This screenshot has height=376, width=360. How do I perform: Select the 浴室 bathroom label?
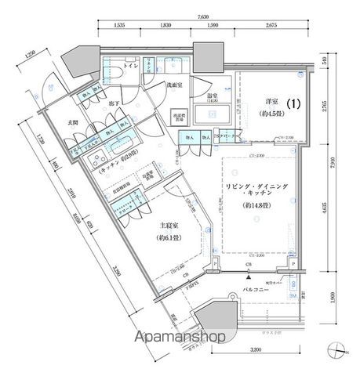212,96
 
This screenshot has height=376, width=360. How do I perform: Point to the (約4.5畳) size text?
265,119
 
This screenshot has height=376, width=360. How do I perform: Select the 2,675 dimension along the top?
271,26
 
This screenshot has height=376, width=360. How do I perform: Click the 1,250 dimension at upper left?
30,55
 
